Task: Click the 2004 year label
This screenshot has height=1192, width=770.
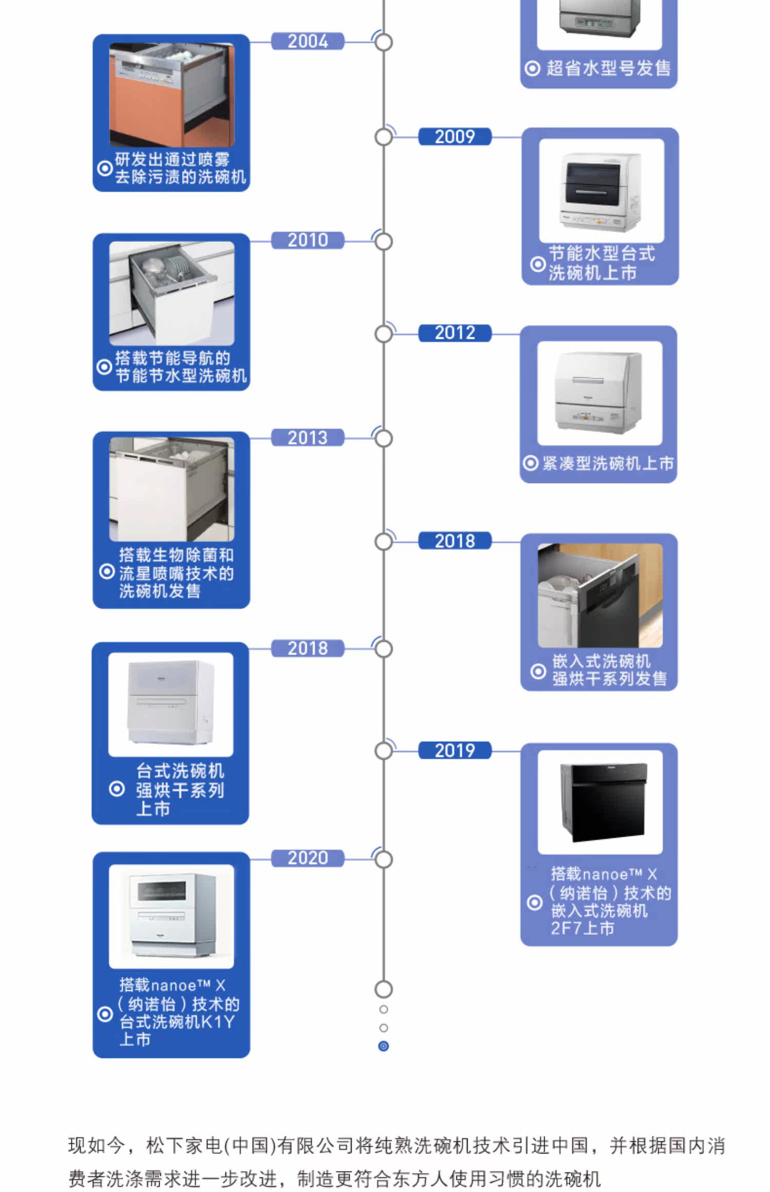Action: (307, 41)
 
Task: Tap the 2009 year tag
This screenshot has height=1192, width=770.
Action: (455, 137)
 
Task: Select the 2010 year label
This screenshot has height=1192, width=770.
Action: (307, 240)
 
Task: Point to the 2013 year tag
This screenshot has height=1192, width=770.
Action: (307, 438)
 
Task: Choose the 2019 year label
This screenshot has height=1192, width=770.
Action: (455, 751)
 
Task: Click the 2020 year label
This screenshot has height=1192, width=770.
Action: (307, 858)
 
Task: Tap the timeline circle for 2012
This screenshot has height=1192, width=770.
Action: (383, 334)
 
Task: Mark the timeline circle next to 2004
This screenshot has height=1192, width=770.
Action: (383, 42)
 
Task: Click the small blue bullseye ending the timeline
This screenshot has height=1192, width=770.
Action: (383, 1046)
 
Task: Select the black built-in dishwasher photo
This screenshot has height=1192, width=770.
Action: (600, 802)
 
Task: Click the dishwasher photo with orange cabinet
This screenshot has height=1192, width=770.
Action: (171, 95)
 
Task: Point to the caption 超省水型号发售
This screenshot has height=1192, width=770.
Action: (608, 68)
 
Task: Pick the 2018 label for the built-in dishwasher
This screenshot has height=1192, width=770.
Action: (455, 541)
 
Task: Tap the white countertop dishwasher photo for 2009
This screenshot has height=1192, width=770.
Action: (601, 190)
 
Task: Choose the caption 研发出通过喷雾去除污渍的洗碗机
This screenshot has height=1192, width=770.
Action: (180, 168)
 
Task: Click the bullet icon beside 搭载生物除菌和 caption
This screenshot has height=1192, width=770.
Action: (106, 571)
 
